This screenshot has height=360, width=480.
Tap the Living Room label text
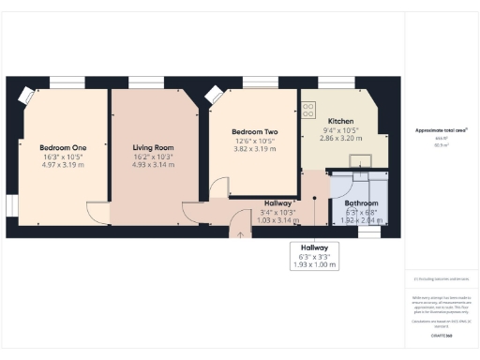coord(152,148)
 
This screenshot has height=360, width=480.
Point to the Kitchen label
coord(340,122)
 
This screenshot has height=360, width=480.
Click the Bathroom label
coord(361,202)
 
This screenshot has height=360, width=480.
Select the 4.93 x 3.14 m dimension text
coord(152,165)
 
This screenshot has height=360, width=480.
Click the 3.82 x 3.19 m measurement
coord(250,149)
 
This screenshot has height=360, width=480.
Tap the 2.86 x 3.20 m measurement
coord(340,138)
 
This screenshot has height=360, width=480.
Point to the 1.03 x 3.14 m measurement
coord(278,219)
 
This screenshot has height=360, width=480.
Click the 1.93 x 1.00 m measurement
coord(314,264)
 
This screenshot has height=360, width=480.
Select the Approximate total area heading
coord(440,130)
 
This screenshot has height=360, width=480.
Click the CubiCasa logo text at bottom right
coord(440,335)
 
